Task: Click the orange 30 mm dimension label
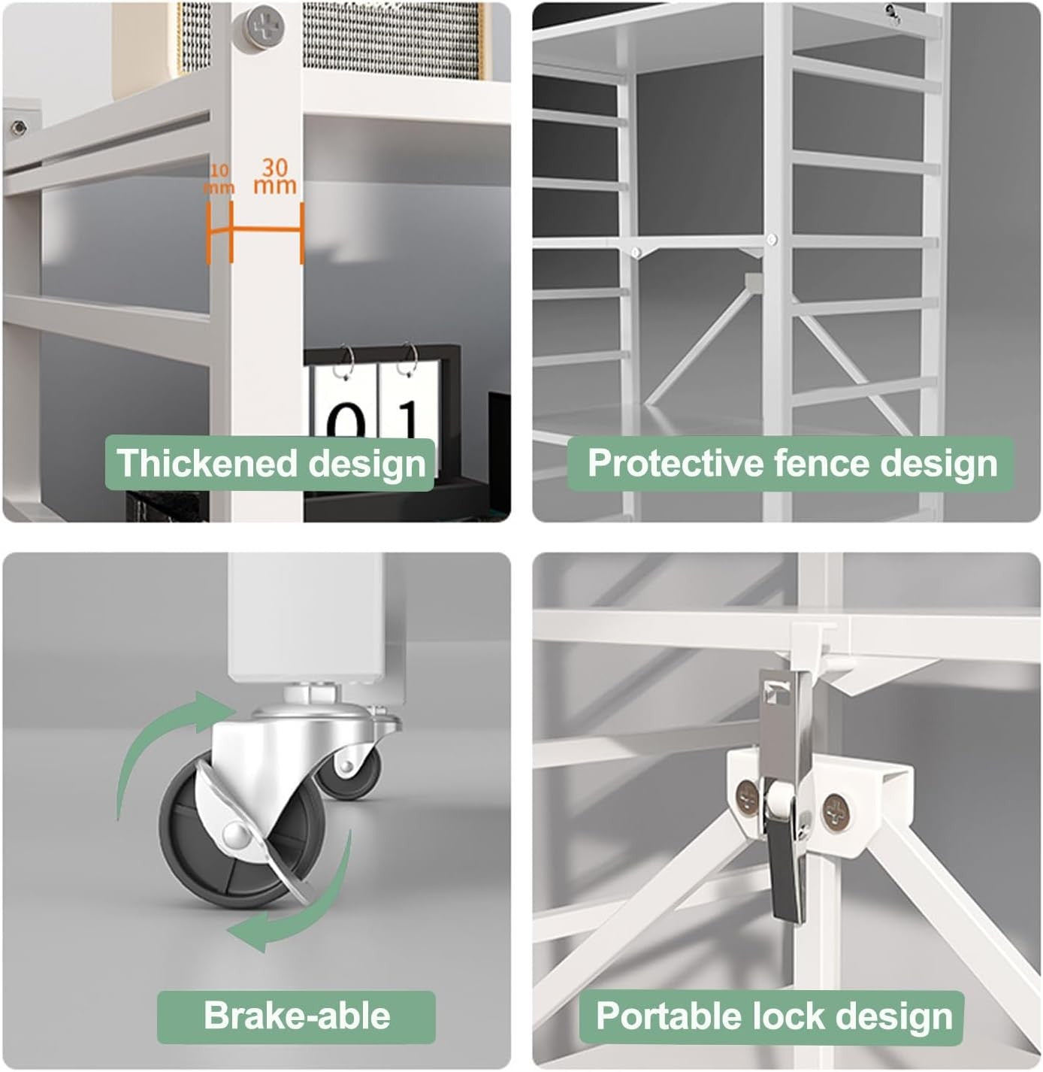coord(275,176)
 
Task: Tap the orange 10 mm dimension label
coord(219,180)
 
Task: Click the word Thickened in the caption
coord(207,463)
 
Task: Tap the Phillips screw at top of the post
coord(265,26)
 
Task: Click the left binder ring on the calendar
coord(346,361)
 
